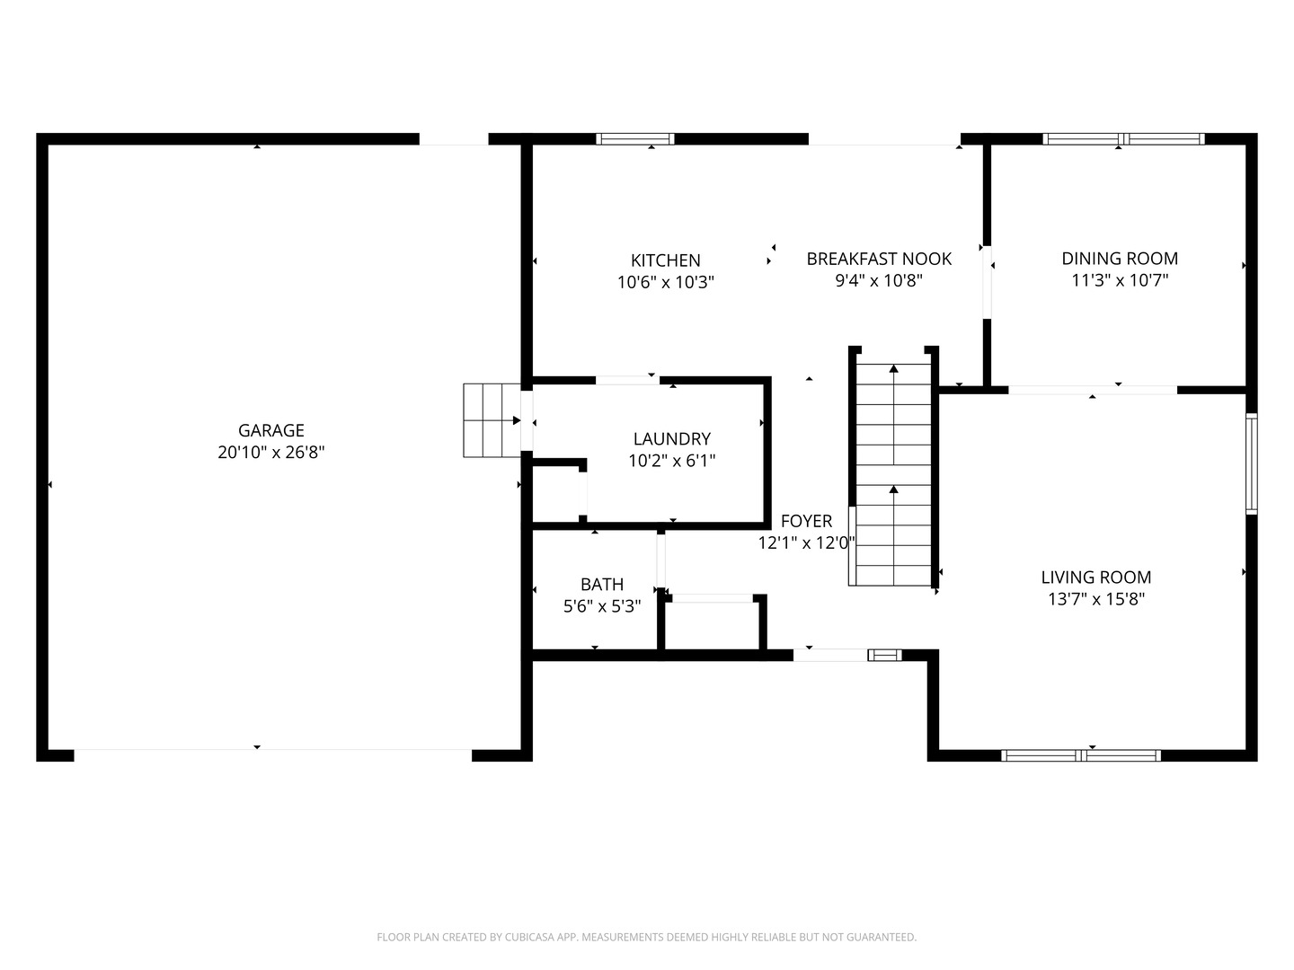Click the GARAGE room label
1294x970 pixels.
coord(271,430)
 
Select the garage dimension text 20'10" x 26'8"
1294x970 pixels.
coord(271,453)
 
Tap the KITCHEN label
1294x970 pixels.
coord(666,260)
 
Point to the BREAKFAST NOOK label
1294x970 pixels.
coord(879,260)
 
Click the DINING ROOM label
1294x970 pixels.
coord(1120,259)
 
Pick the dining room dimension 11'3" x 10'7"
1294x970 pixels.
coord(1120,280)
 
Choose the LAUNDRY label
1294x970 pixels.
coord(672,439)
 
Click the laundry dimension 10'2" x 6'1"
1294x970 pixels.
coord(672,461)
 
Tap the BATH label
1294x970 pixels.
coord(602,584)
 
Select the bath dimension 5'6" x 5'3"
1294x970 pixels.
coord(602,606)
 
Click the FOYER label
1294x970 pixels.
coord(806,521)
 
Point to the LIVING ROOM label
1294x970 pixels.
coord(1096,578)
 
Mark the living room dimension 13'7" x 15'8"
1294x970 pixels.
coord(1096,599)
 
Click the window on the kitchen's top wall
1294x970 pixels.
coord(635,139)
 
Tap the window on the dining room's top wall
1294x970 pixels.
coord(1123,139)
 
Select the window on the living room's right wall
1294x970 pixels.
coord(1252,463)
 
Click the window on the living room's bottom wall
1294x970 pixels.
coord(1081,755)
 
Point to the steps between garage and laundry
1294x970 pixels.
coord(492,420)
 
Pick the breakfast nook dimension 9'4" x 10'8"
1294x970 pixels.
coord(879,281)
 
